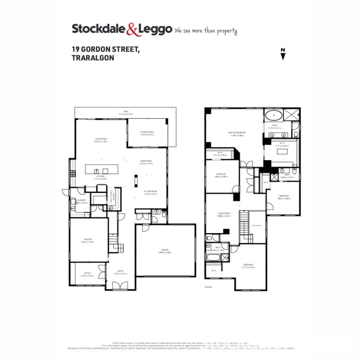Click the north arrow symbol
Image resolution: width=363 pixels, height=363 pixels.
(283, 54)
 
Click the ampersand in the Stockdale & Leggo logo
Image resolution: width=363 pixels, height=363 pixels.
(132, 30)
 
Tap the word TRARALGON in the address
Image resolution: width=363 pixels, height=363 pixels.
(93, 58)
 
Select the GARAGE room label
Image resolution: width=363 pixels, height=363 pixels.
(165, 250)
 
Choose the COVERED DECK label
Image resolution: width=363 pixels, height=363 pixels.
(147, 132)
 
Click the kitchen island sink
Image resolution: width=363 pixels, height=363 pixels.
(96, 170)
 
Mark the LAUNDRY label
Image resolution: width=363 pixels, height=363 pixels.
(81, 201)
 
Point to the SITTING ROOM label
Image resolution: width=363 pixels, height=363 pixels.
(151, 192)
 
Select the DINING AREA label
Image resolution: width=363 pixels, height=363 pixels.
(147, 161)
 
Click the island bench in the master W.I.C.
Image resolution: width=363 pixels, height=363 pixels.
(281, 152)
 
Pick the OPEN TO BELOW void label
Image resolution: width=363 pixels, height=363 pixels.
(256, 226)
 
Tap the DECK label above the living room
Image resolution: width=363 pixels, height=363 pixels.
(126, 112)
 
